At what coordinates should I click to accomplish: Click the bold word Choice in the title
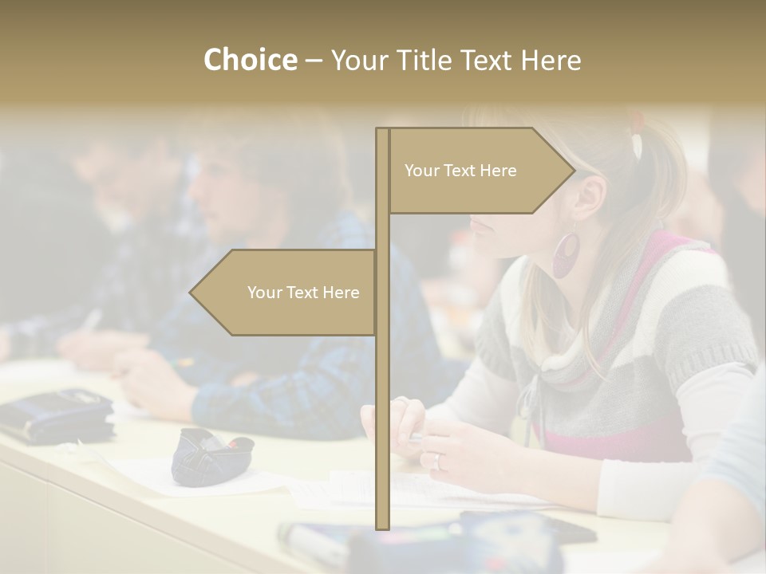(x=250, y=61)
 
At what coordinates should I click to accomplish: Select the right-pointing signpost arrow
(x=479, y=171)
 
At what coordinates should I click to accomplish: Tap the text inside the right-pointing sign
(x=460, y=171)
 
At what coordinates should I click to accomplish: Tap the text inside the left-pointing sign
(x=303, y=293)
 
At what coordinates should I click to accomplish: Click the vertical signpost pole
(x=382, y=399)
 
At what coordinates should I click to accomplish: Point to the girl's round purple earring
(x=567, y=254)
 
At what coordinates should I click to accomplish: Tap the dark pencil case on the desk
(x=209, y=455)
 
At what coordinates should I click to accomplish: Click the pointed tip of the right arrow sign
(x=573, y=171)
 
